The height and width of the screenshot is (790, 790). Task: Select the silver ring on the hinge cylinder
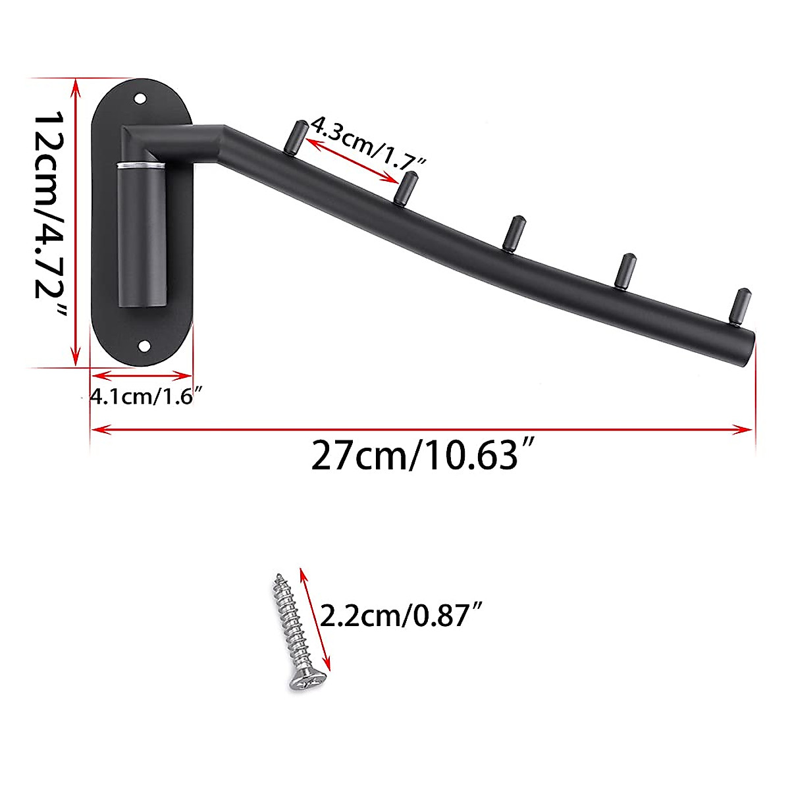tap(140, 164)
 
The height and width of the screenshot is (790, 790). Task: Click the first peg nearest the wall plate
tap(294, 135)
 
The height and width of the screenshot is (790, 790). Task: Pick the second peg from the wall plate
tap(408, 187)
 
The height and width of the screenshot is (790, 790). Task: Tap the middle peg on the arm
tap(513, 232)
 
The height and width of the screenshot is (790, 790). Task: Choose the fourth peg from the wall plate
tap(625, 269)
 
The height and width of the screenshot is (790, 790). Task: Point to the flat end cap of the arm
tap(750, 348)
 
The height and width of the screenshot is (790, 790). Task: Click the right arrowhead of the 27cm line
tap(747, 430)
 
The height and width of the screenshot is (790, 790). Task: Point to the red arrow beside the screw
tap(315, 619)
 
